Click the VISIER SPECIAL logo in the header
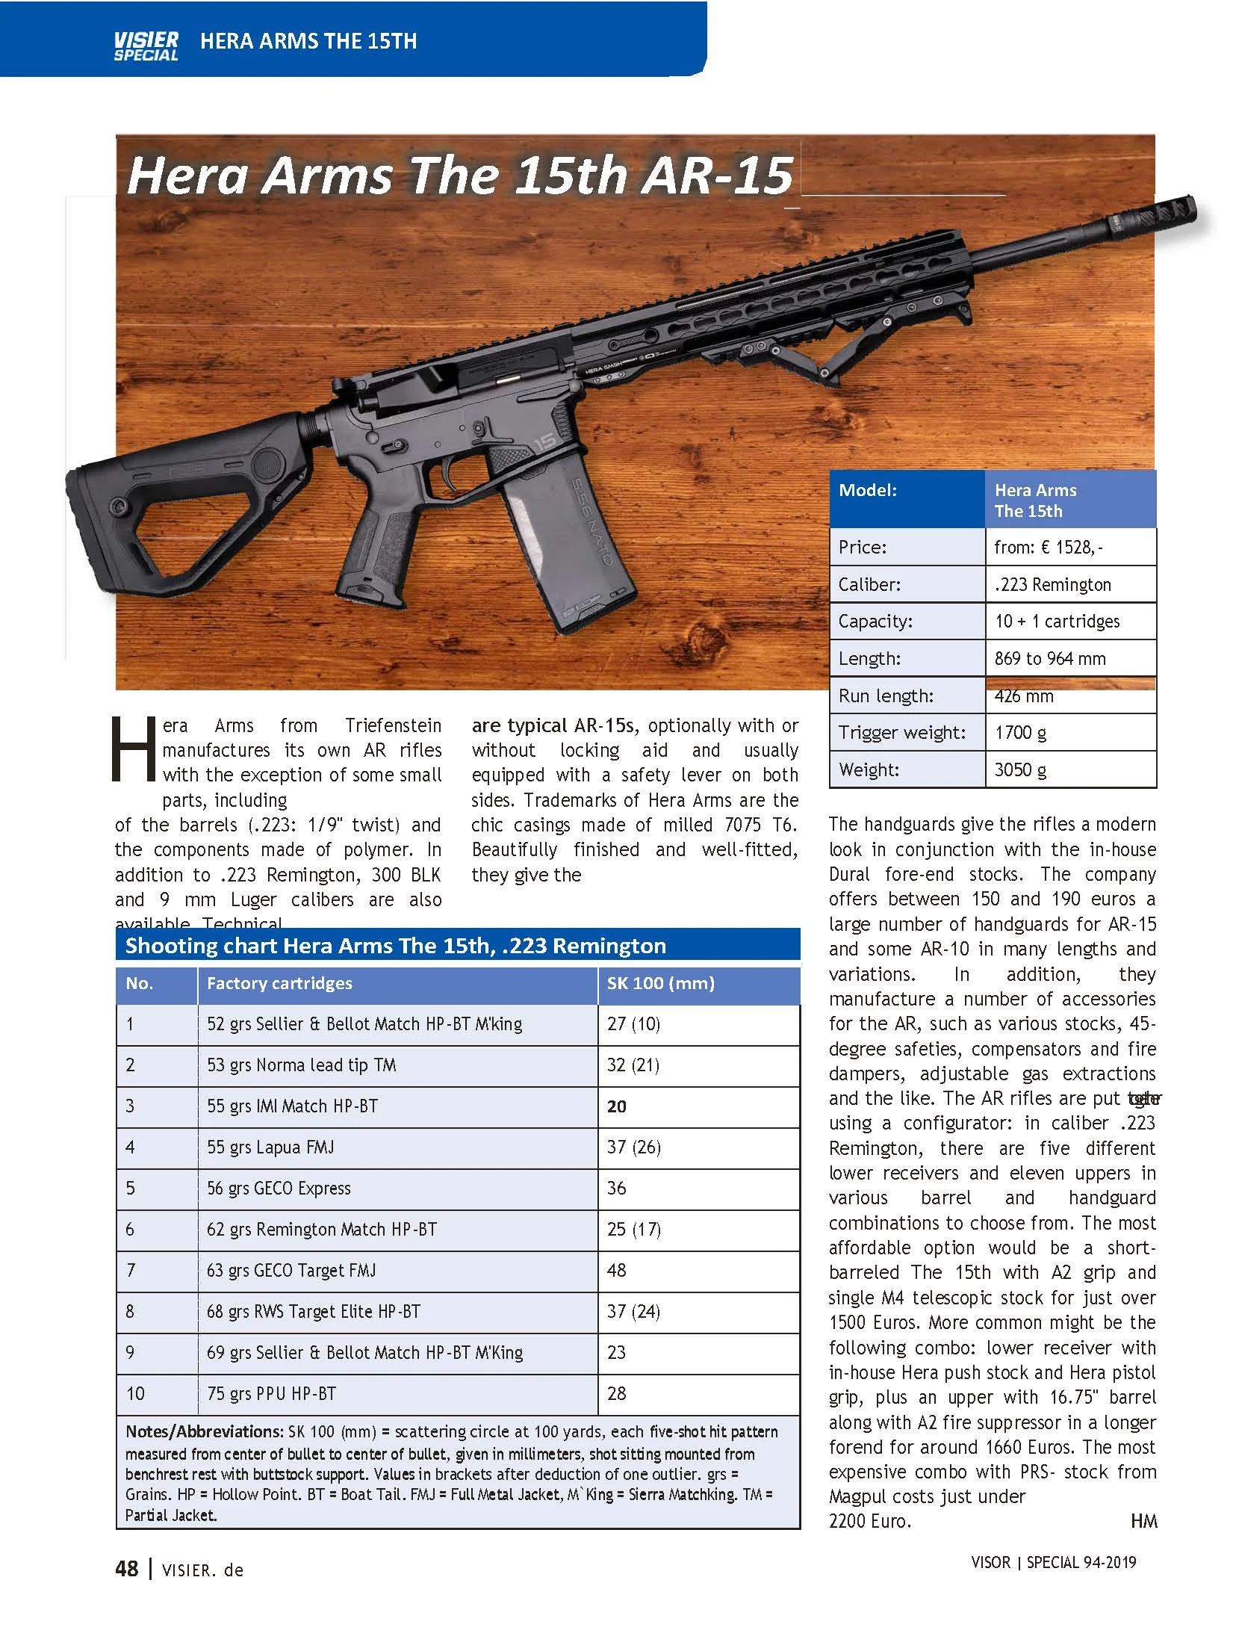tap(146, 45)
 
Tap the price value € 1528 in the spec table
tap(1048, 547)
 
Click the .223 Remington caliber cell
tap(1052, 584)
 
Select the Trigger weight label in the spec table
tap(901, 732)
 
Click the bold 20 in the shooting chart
tap(616, 1106)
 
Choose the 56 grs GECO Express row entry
tap(279, 1188)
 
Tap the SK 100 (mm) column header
tap(660, 983)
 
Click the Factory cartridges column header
tap(279, 983)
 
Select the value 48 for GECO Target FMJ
tap(616, 1270)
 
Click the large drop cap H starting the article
tap(133, 750)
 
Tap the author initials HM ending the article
tap(1143, 1521)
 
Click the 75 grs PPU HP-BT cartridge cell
tap(271, 1393)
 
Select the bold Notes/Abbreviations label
tap(203, 1431)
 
